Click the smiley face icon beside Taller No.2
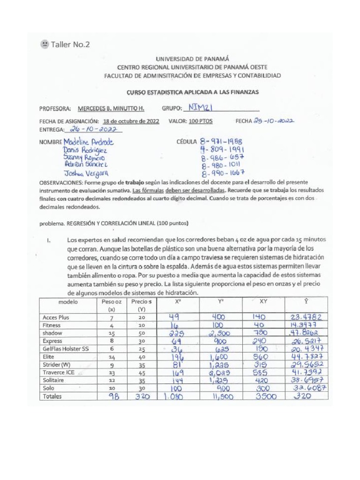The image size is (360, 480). [x=44, y=45]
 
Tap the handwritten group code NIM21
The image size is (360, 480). [x=200, y=108]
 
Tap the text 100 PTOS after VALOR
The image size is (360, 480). [x=201, y=121]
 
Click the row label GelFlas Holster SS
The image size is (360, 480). [x=65, y=349]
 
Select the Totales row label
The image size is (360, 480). [x=52, y=396]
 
